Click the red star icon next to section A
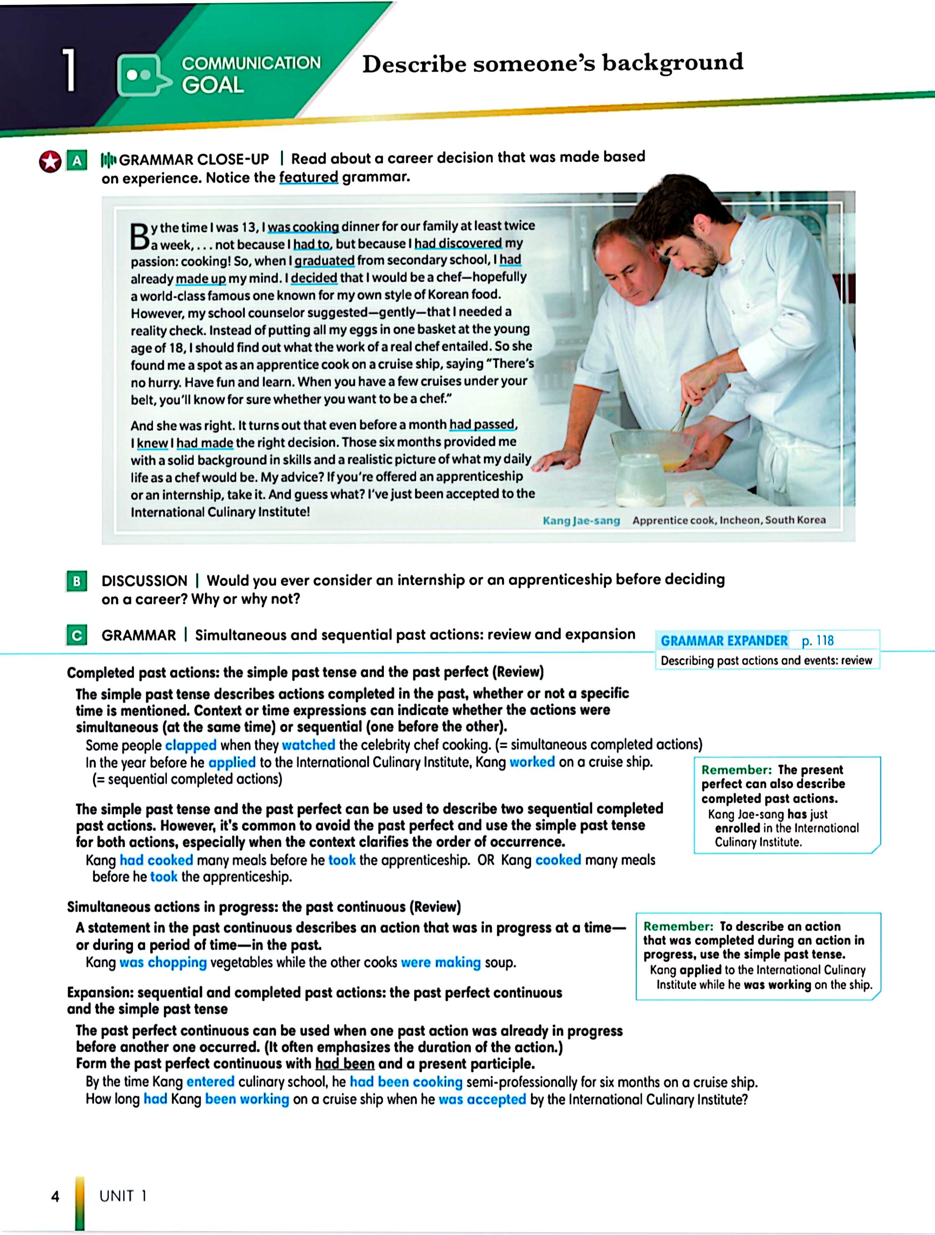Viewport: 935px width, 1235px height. (50, 162)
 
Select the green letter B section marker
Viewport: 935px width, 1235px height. (77, 581)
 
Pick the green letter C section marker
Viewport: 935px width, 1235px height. (77, 635)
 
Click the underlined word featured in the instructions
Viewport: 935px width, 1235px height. (309, 177)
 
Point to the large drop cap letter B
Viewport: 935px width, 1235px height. (140, 237)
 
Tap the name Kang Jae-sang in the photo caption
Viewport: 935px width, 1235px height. (581, 520)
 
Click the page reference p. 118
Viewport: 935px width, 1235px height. (817, 641)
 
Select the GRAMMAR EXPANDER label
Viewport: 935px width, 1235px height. (724, 641)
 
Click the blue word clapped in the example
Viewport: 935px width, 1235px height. (190, 746)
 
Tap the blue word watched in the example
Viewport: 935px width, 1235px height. (309, 745)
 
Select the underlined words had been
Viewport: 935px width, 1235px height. (345, 1064)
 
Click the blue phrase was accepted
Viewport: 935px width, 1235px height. (482, 1099)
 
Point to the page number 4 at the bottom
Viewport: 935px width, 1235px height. (55, 1196)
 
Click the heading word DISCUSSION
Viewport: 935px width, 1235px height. (144, 581)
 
